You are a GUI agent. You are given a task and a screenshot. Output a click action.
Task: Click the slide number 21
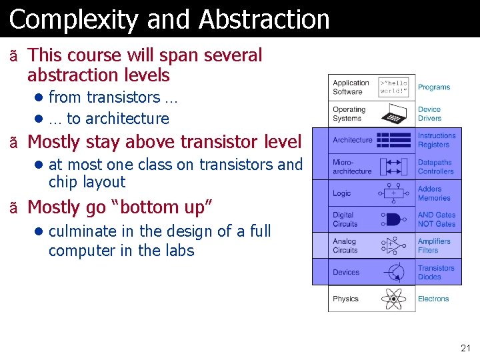465,348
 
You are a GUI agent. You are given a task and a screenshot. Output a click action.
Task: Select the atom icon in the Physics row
394,299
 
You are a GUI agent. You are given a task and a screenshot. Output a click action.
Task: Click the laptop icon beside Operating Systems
394,114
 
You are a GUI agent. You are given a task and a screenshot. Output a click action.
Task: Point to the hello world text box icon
394,87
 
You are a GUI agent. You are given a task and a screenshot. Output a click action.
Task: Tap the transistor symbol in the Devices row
394,272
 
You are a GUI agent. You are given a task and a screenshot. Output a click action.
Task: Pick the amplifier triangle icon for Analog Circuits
394,246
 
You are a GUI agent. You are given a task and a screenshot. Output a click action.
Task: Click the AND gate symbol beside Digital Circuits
394,219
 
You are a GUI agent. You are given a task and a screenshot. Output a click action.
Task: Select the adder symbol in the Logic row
394,193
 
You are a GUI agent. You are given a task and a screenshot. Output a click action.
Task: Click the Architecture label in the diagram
353,140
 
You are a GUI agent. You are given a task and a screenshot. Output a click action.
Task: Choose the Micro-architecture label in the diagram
352,167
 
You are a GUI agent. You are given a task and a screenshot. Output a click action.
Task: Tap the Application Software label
351,87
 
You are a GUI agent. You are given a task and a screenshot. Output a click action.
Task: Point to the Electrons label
433,299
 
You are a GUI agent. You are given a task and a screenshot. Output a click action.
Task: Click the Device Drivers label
429,114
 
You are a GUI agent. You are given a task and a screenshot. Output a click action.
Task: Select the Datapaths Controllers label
435,167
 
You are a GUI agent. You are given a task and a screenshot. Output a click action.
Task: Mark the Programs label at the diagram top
434,87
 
